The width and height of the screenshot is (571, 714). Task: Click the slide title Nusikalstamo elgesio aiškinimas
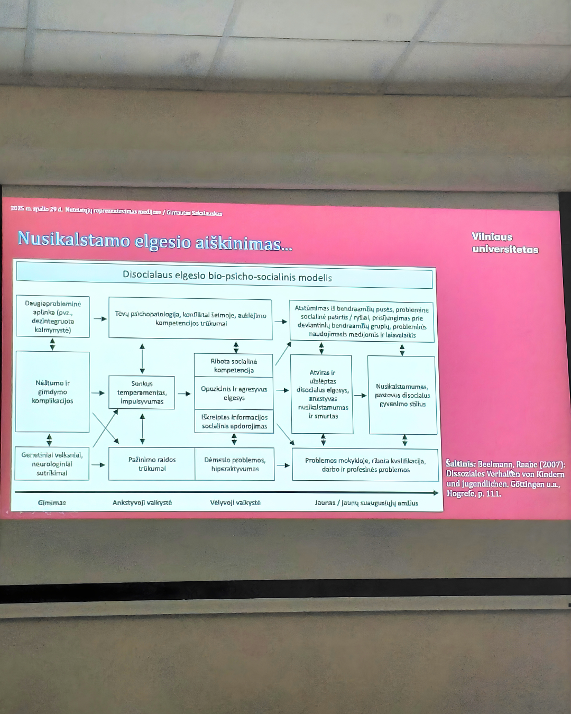pyautogui.click(x=154, y=241)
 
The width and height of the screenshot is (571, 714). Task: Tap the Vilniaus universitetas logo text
pyautogui.click(x=504, y=243)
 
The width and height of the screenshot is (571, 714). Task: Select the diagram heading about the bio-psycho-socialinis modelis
pyautogui.click(x=227, y=277)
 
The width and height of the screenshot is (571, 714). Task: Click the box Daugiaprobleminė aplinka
pyautogui.click(x=52, y=317)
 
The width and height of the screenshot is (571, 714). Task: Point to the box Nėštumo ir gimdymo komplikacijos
pyautogui.click(x=52, y=392)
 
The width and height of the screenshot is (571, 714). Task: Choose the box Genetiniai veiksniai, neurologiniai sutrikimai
pyautogui.click(x=52, y=464)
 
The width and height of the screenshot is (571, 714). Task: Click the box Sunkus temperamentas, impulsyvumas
pyautogui.click(x=142, y=392)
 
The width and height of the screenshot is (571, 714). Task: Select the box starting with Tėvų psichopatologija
pyautogui.click(x=190, y=319)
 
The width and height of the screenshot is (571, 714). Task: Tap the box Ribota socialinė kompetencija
pyautogui.click(x=234, y=365)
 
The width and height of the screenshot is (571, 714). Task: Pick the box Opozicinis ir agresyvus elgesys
pyautogui.click(x=234, y=393)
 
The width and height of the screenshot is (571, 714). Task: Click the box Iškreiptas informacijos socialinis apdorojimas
pyautogui.click(x=234, y=422)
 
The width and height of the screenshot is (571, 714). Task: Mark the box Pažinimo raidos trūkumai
pyautogui.click(x=152, y=464)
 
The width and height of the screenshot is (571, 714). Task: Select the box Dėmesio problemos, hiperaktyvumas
pyautogui.click(x=235, y=464)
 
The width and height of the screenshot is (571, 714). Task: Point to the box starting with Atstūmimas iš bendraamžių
pyautogui.click(x=362, y=322)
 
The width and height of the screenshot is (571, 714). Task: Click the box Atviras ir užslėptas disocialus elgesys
pyautogui.click(x=323, y=394)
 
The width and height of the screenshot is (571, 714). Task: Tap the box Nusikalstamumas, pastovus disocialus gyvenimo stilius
pyautogui.click(x=402, y=395)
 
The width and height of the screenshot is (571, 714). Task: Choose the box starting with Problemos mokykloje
pyautogui.click(x=365, y=465)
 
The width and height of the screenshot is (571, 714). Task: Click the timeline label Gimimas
pyautogui.click(x=52, y=502)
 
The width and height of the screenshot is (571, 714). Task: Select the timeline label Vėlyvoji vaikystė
pyautogui.click(x=235, y=502)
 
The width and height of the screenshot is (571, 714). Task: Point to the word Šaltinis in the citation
pyautogui.click(x=461, y=464)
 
